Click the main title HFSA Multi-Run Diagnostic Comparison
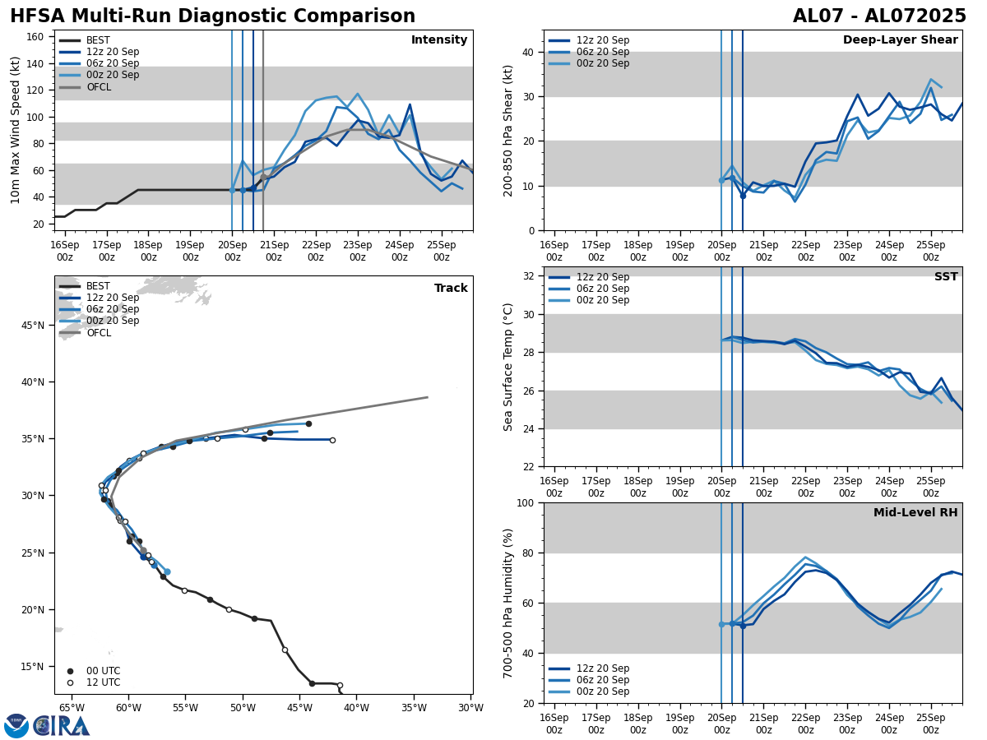tap(212, 16)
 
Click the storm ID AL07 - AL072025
tap(879, 16)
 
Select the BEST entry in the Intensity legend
tap(97, 40)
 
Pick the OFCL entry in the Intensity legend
tap(99, 87)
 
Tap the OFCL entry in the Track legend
tap(99, 333)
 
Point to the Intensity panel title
tap(439, 40)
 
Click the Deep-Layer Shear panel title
tap(900, 40)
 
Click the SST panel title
tap(946, 277)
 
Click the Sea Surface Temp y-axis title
tap(508, 367)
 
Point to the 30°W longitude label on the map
tap(470, 708)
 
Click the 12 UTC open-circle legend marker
tap(70, 682)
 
